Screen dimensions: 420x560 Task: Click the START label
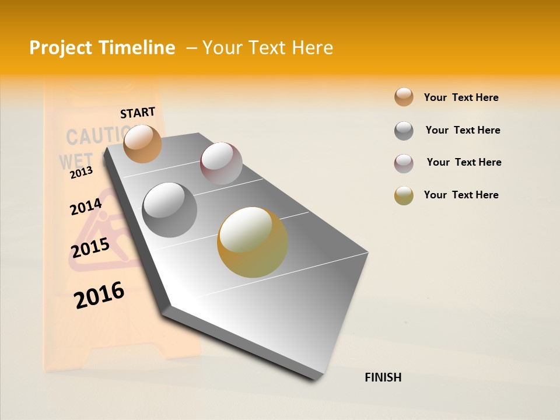[138, 113]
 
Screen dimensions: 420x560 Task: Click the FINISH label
[383, 377]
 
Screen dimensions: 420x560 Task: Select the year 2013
[81, 172]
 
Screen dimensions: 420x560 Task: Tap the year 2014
[86, 206]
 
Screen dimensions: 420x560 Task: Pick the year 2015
[90, 248]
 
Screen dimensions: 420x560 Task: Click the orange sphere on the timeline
[143, 143]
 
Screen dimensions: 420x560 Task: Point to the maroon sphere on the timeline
[221, 163]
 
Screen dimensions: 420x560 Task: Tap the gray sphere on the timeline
[170, 209]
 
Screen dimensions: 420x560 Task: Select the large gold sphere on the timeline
[253, 242]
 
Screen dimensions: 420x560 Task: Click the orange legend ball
[404, 97]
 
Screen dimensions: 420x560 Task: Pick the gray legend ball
[404, 131]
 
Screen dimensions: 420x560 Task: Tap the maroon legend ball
[404, 163]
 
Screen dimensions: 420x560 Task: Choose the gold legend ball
[404, 195]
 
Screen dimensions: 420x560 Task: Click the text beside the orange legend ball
[461, 97]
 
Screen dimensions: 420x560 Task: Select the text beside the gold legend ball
[461, 195]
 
